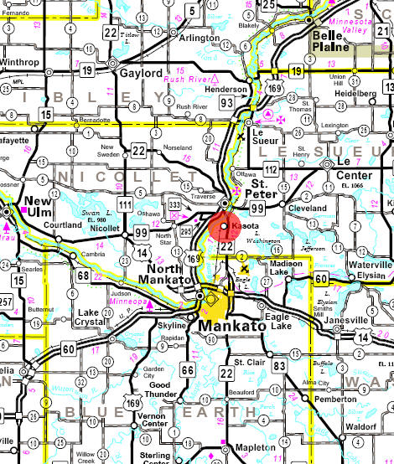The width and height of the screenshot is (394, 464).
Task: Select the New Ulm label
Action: (x=41, y=206)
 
